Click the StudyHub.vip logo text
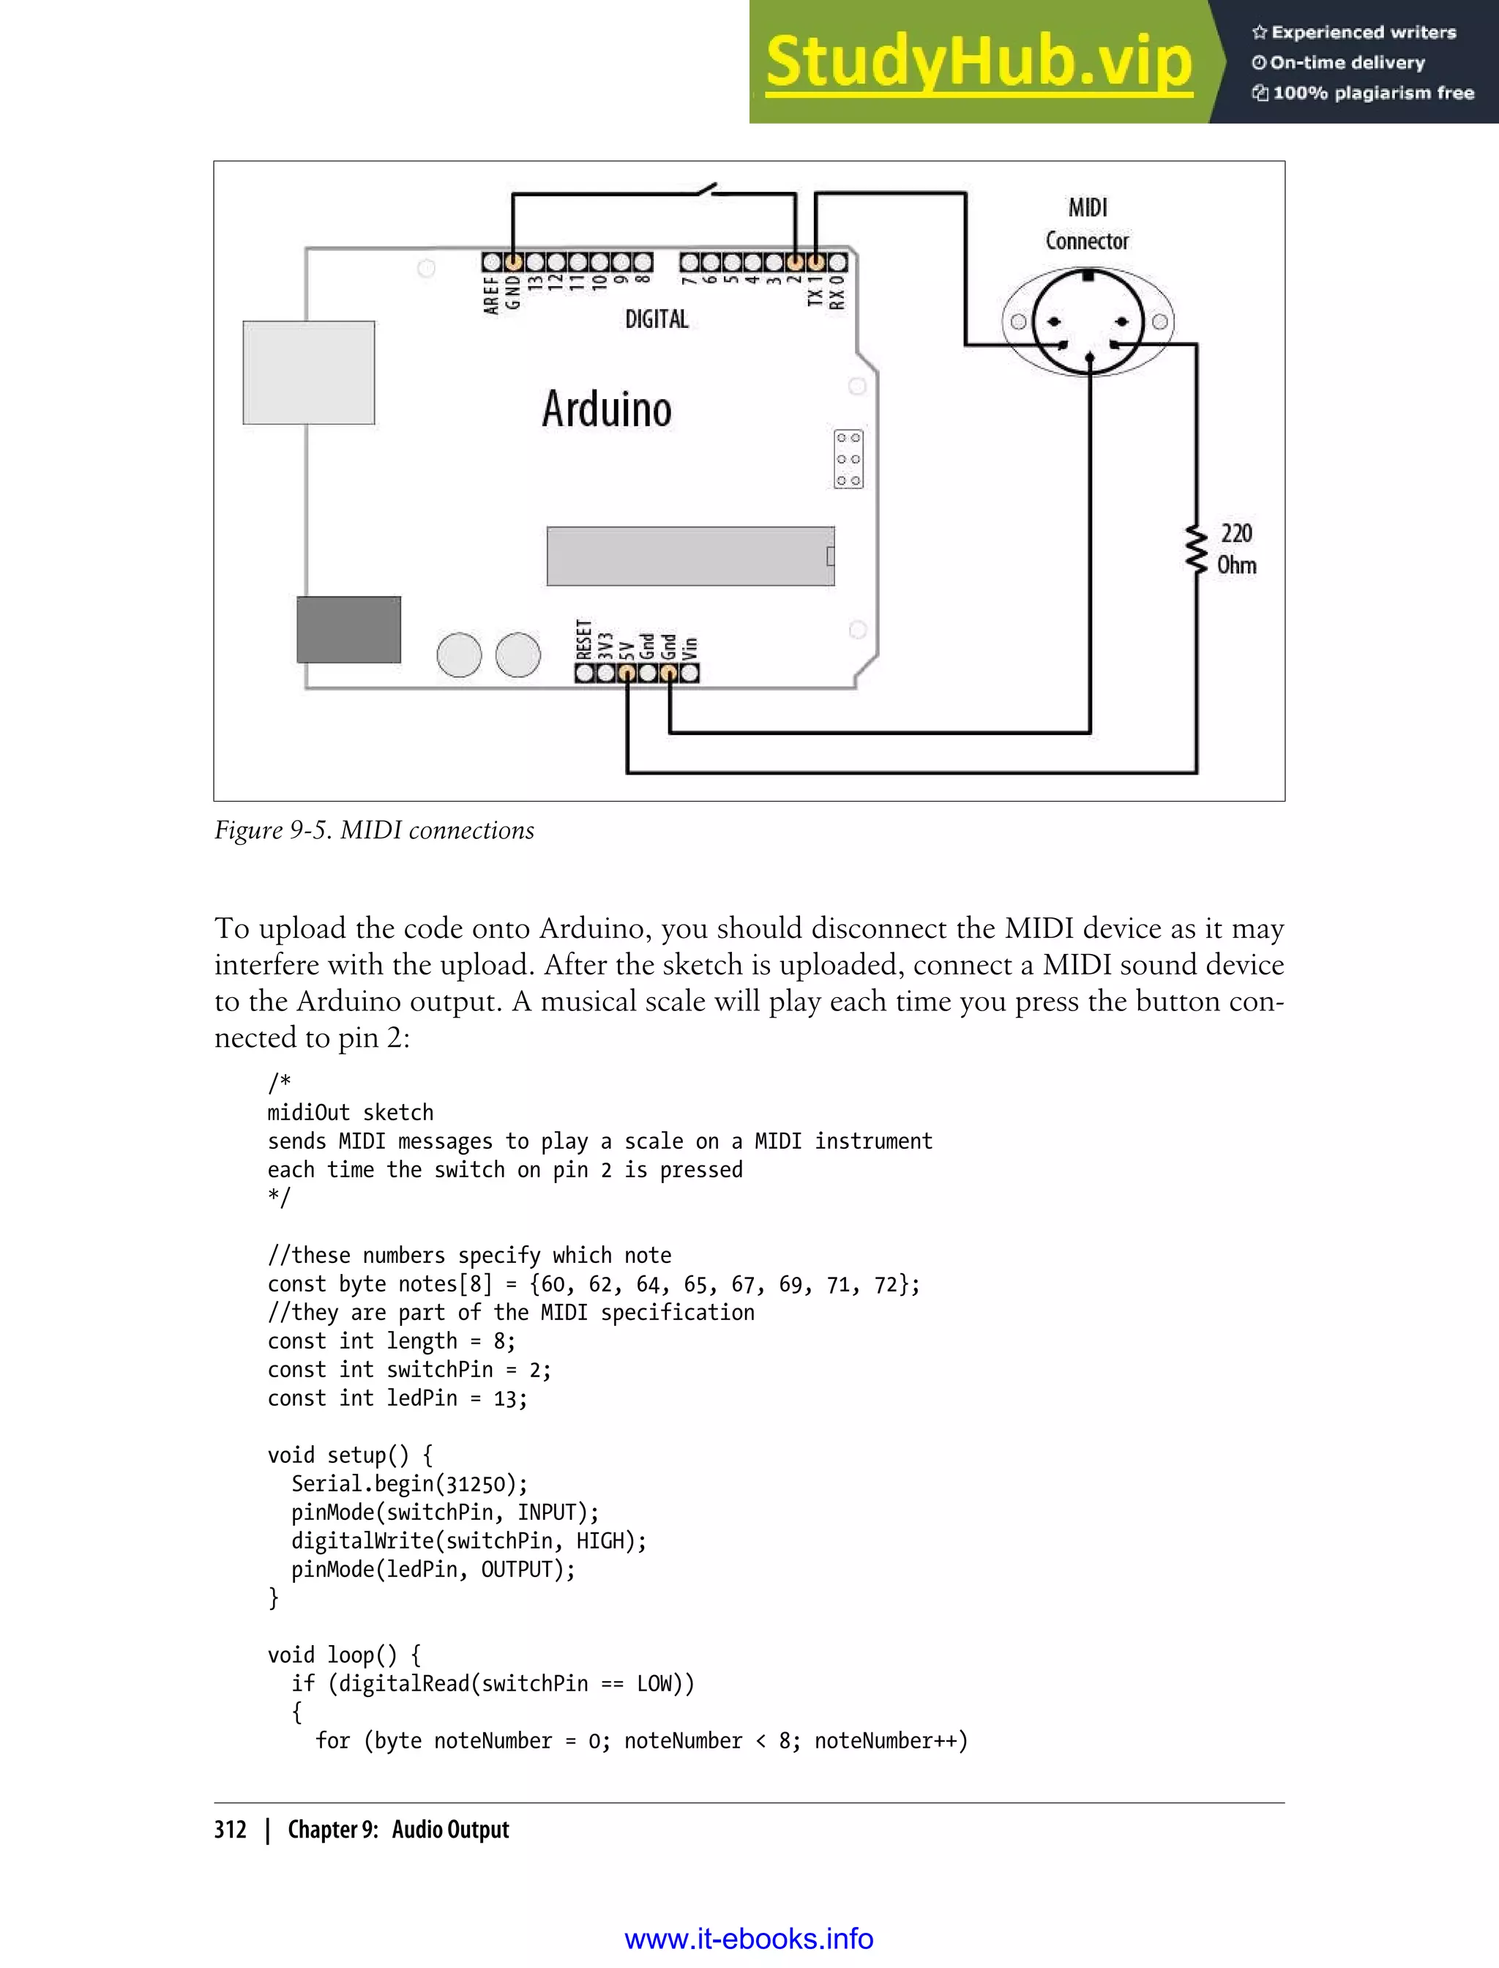979,62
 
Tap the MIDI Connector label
1087,224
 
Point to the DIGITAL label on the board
657,319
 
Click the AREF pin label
490,294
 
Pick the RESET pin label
584,639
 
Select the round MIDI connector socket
1088,322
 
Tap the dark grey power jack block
349,629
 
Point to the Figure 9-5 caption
374,830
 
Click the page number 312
231,1830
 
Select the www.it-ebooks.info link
749,1939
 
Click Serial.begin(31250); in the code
410,1483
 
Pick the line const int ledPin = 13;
397,1398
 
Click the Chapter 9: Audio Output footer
398,1830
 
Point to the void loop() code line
345,1655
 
